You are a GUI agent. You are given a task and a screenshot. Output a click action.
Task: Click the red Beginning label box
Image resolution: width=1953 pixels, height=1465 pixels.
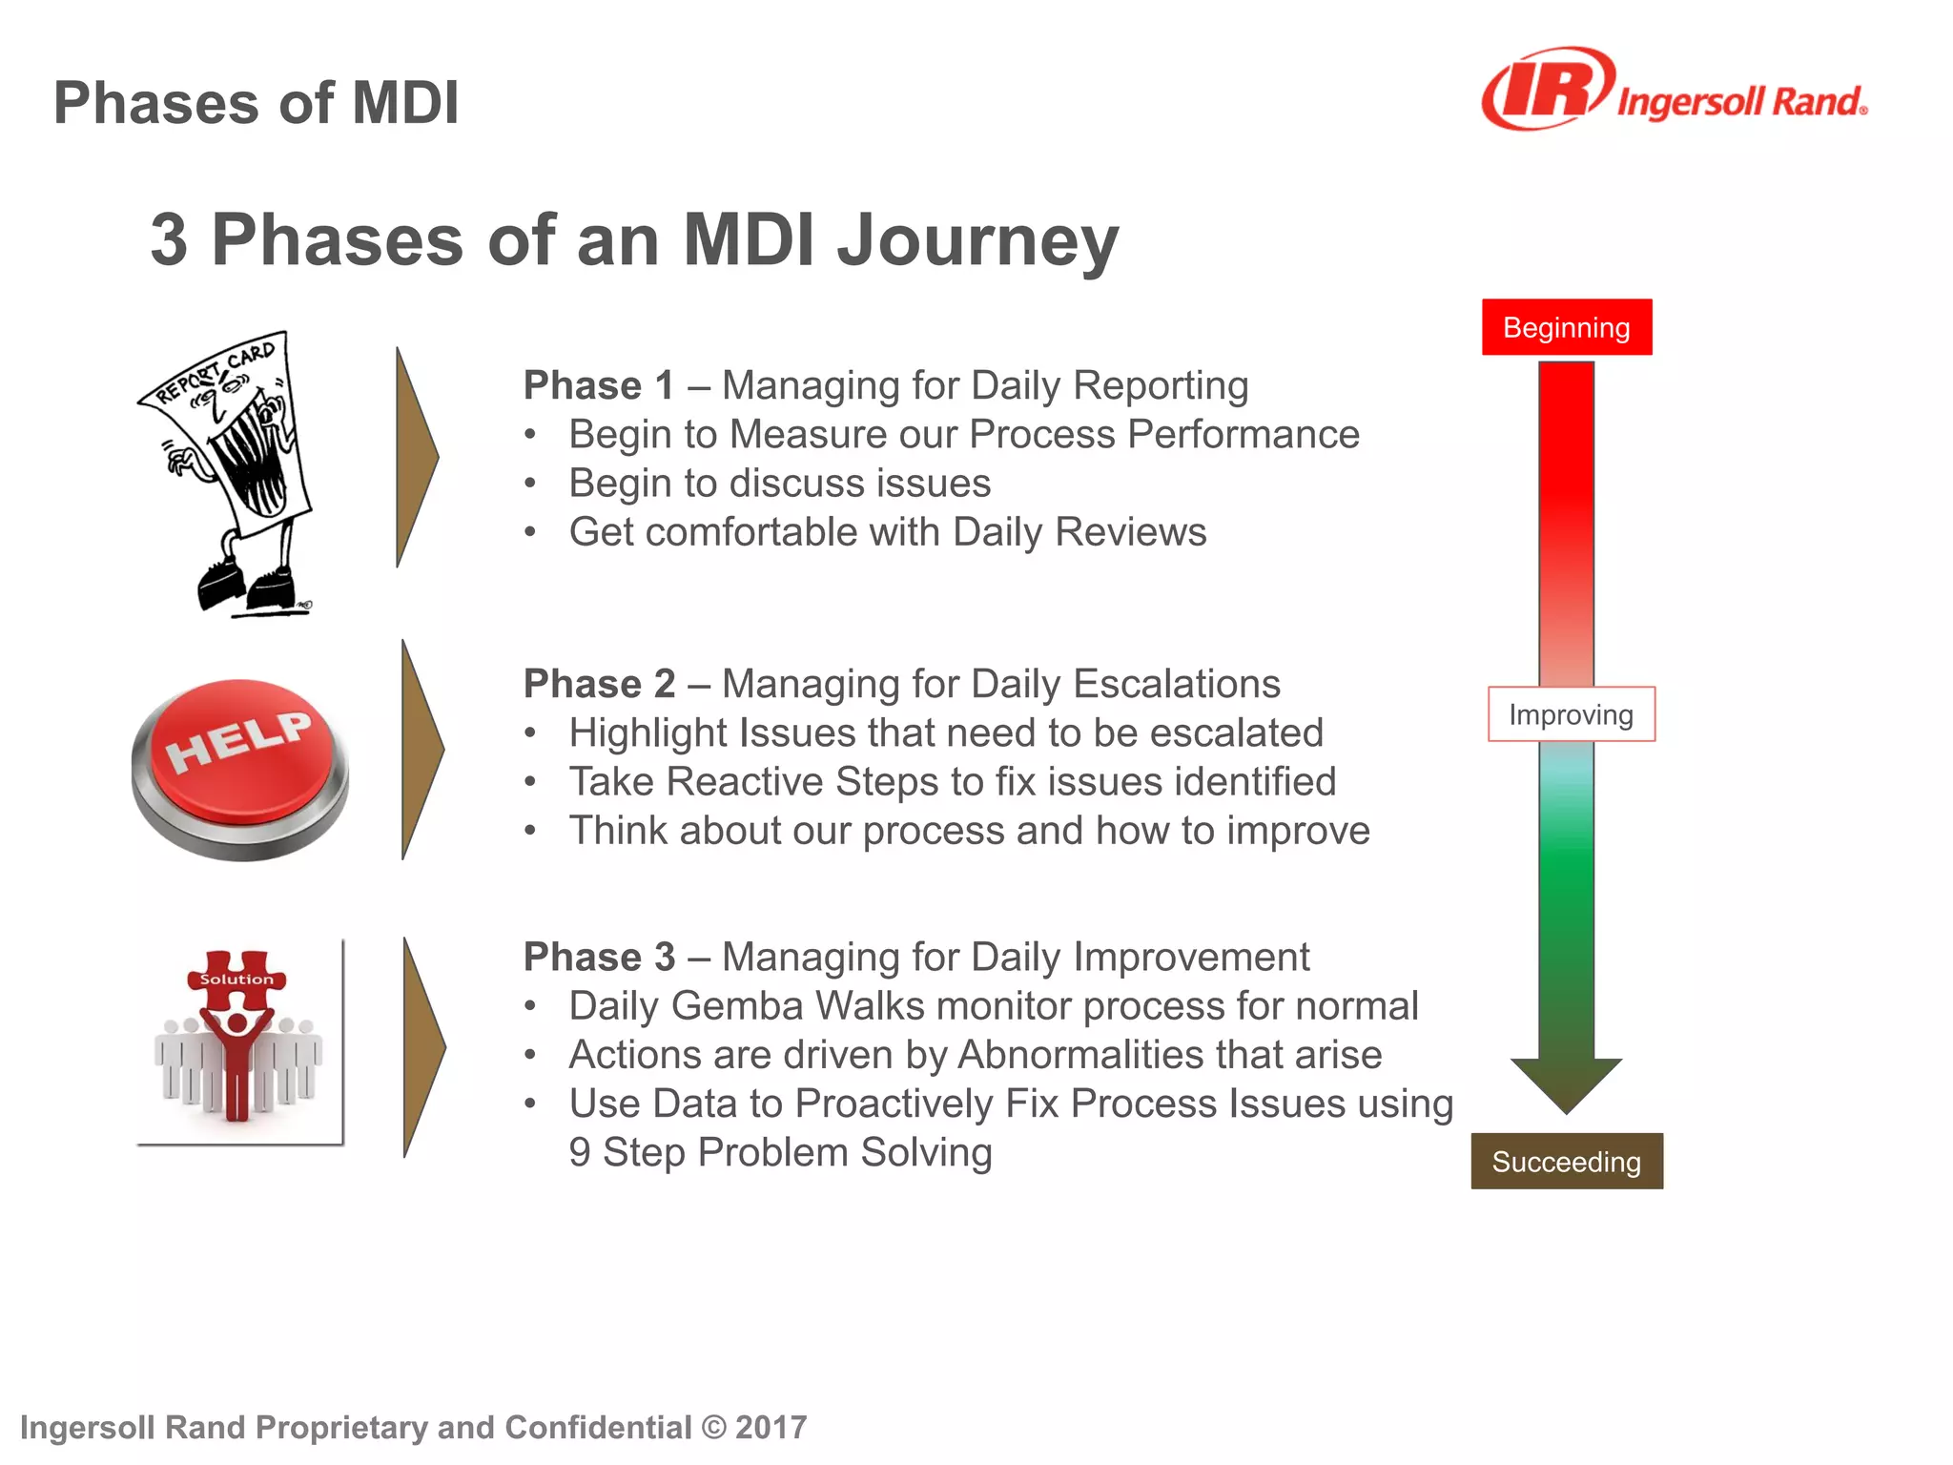(x=1566, y=327)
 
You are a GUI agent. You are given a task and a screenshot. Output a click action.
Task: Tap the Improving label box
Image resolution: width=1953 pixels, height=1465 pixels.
(x=1571, y=714)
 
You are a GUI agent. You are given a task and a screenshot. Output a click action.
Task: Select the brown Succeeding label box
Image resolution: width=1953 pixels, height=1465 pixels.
(x=1566, y=1161)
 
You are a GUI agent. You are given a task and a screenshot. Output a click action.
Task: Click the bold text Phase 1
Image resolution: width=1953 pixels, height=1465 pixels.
(x=599, y=385)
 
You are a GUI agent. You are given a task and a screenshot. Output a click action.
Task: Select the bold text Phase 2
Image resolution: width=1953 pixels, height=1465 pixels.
(x=599, y=684)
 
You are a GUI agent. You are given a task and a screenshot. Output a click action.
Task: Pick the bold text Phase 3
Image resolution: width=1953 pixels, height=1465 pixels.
(x=599, y=957)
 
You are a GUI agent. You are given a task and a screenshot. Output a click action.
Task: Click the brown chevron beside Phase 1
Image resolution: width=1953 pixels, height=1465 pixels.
(x=416, y=458)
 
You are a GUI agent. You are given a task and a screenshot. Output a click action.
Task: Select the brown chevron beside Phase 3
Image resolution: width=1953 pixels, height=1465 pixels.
(x=422, y=1047)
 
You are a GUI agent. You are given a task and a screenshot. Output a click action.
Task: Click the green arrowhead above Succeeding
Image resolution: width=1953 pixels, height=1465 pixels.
(x=1566, y=1083)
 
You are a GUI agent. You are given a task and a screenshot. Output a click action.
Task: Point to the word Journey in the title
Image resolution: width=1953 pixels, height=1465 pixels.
(x=977, y=240)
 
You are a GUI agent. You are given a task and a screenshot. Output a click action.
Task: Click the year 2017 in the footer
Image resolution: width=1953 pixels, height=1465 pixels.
(x=771, y=1427)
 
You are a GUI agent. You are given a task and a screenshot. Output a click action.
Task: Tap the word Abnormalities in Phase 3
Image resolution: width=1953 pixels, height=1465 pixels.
(x=1079, y=1055)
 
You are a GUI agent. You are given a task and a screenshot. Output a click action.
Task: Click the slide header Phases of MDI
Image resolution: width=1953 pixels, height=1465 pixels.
(x=256, y=103)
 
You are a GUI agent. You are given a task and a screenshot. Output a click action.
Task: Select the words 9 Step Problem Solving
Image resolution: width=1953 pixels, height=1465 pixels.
(x=780, y=1152)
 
